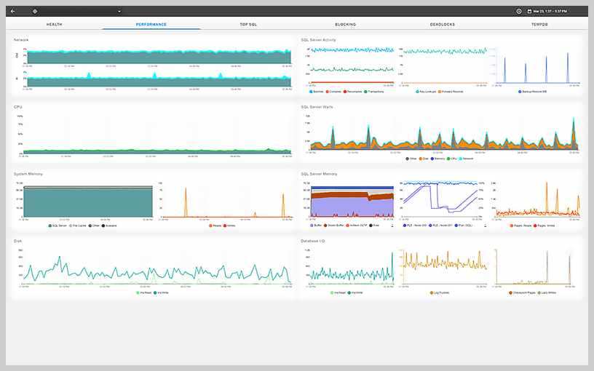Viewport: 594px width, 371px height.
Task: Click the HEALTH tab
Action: click(x=54, y=25)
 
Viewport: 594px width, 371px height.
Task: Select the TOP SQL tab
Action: click(x=248, y=25)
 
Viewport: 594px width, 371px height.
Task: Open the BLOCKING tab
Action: click(x=345, y=25)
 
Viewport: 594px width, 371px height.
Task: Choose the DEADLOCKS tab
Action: click(x=443, y=25)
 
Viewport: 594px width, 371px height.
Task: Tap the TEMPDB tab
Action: click(x=539, y=25)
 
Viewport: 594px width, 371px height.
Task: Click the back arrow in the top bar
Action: click(x=12, y=11)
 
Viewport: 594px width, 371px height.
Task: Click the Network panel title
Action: click(x=22, y=39)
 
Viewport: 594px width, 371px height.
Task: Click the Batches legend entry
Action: click(x=317, y=92)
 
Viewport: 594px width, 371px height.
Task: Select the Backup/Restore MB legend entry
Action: click(x=535, y=92)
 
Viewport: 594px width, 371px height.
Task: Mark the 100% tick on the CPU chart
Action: click(x=20, y=115)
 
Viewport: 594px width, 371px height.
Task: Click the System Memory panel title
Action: click(x=28, y=174)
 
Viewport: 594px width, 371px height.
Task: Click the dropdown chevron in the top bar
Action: click(x=119, y=11)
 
